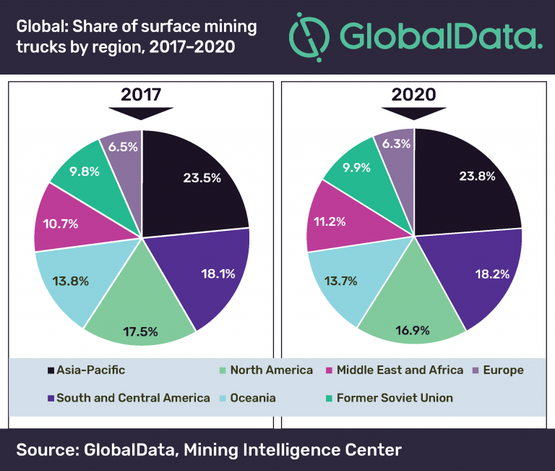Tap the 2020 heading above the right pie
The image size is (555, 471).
pyautogui.click(x=413, y=95)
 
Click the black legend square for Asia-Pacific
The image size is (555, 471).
pyautogui.click(x=50, y=370)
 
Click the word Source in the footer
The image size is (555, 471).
pyautogui.click(x=44, y=450)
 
